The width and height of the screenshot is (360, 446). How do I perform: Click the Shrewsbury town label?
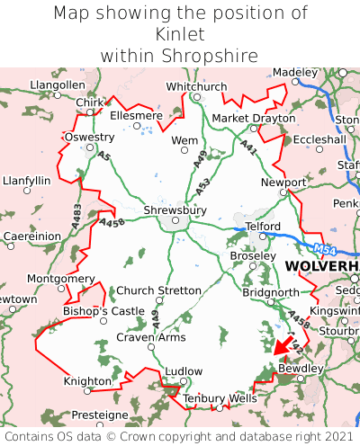click(x=175, y=210)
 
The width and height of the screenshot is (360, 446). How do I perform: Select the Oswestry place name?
click(x=89, y=137)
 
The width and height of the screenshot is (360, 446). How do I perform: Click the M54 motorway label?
click(x=327, y=249)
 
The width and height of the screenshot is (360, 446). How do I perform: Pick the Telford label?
click(x=264, y=226)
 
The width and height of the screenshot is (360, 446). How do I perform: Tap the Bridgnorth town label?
click(x=270, y=292)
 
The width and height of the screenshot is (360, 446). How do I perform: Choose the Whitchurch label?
click(x=196, y=86)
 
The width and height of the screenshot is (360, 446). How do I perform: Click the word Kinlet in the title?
click(x=180, y=34)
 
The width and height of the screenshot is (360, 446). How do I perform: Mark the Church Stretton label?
click(x=160, y=290)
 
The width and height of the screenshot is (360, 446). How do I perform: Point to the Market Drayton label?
click(x=253, y=118)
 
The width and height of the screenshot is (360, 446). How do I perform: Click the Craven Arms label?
click(x=151, y=337)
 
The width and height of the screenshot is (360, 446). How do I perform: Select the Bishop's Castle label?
click(x=103, y=311)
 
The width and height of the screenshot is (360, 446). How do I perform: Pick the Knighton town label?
click(x=86, y=381)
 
